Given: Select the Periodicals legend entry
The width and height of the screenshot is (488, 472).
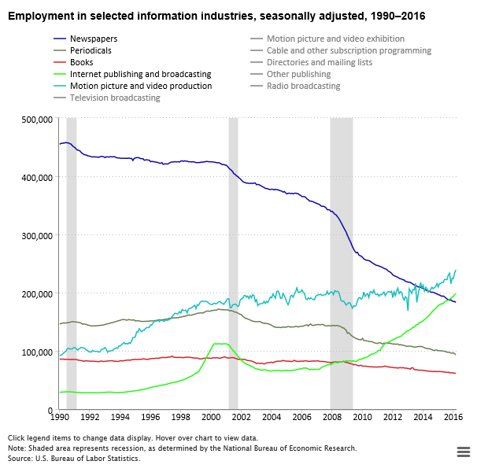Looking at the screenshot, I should click(x=91, y=50).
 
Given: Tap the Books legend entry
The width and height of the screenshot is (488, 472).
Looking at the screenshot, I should click(x=81, y=62).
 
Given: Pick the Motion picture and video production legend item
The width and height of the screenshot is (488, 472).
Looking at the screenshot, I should click(x=140, y=86).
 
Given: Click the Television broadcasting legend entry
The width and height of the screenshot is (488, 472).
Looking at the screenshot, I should click(x=115, y=98).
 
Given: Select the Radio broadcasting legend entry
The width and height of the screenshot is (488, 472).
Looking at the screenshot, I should click(x=303, y=86).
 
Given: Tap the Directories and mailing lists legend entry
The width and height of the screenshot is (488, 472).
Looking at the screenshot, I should click(x=319, y=62).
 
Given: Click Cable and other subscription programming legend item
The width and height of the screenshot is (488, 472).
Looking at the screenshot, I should click(x=349, y=50).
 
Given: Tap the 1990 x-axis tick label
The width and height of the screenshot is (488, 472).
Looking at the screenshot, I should click(x=58, y=417).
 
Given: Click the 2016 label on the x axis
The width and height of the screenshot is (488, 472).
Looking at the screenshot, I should click(x=453, y=417).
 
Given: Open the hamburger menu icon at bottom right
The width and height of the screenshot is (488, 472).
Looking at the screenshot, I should click(x=463, y=451).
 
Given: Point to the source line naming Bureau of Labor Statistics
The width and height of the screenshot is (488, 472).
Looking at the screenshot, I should click(x=74, y=458).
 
